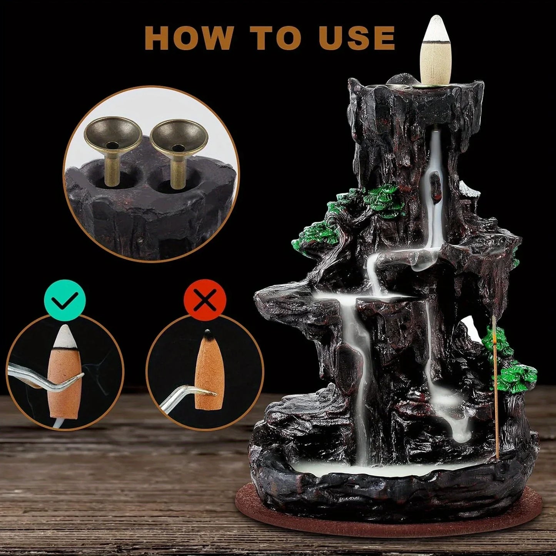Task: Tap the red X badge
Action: point(205,299)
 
